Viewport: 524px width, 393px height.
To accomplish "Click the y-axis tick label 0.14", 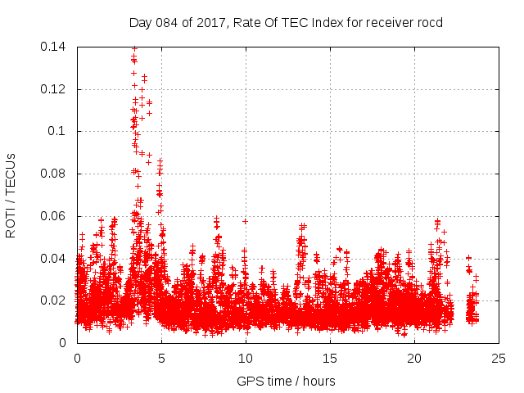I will (x=54, y=47).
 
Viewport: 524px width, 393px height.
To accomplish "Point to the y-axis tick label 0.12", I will (x=54, y=89).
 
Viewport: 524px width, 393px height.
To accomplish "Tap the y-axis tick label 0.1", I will (x=57, y=131).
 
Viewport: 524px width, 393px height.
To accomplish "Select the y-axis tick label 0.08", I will (x=54, y=174).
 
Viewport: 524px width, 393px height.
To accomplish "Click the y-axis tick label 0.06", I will (x=54, y=216).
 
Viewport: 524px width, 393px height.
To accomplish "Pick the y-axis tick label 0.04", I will (x=54, y=259).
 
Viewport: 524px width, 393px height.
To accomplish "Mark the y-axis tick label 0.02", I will (x=54, y=300).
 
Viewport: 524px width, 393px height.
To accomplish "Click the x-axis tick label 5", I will (x=161, y=358).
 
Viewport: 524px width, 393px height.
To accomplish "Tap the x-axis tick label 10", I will (x=246, y=358).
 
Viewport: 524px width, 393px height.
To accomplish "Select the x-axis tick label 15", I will (x=330, y=358).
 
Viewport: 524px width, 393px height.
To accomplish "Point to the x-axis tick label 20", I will (x=414, y=358).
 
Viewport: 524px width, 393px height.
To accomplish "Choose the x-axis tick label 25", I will (x=499, y=358).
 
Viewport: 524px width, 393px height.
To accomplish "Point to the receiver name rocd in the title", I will (x=429, y=23).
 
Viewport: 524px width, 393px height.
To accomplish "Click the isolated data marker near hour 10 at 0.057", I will (x=245, y=221).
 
